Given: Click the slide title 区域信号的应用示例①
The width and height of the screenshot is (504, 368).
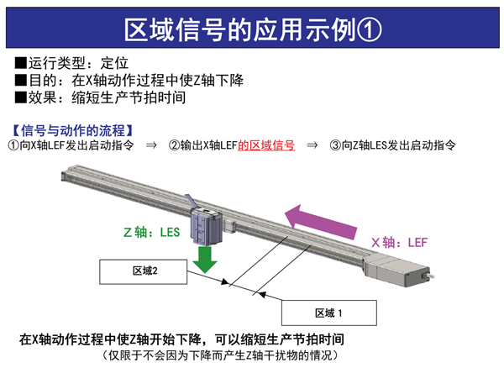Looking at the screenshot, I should coord(252,29).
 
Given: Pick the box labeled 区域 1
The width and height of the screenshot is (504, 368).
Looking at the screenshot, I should coord(330,313).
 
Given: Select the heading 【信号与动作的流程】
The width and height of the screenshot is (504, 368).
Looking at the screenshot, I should coord(72,130).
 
